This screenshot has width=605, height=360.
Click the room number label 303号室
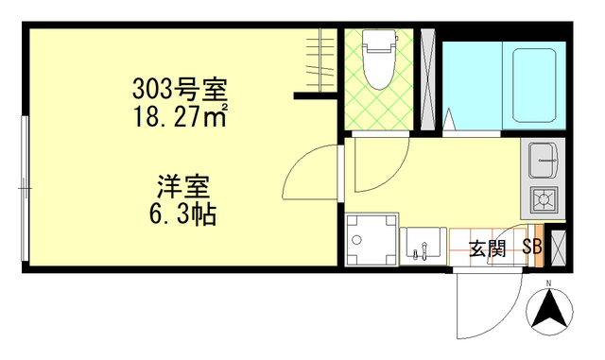(x=179, y=92)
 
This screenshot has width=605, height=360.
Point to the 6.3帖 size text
(x=182, y=215)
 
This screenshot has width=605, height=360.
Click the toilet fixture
(x=380, y=61)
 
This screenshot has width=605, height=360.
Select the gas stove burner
(x=545, y=199)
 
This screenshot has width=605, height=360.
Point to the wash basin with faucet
(x=421, y=247)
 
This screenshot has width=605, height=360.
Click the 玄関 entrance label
(x=488, y=249)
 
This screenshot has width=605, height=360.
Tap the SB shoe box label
(x=531, y=249)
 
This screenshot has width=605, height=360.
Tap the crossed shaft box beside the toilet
(x=425, y=80)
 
